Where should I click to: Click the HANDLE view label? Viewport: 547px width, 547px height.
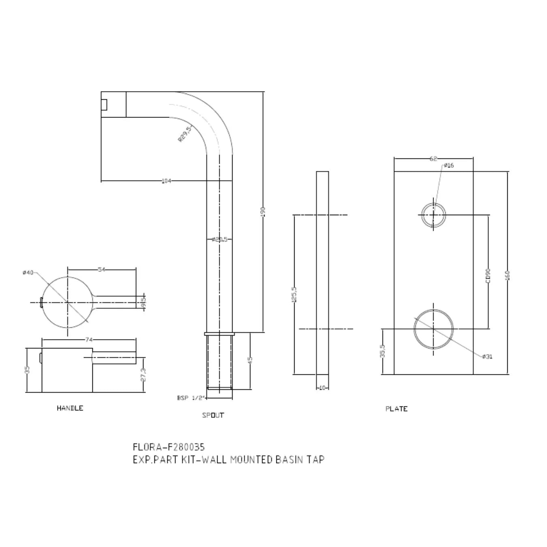(70, 408)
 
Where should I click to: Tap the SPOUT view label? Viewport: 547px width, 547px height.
(213, 415)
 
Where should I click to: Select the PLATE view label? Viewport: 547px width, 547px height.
(396, 409)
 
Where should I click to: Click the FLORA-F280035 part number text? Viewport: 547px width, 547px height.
(169, 447)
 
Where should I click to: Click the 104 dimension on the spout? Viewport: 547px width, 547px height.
(166, 181)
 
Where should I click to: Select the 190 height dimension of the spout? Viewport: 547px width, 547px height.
(263, 211)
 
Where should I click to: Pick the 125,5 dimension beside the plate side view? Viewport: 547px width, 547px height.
(294, 295)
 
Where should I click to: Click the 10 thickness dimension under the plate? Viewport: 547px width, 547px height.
(323, 388)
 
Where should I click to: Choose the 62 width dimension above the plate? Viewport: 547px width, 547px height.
(433, 159)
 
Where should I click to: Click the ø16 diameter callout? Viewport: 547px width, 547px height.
(449, 165)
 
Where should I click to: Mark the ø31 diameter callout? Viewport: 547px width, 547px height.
(487, 357)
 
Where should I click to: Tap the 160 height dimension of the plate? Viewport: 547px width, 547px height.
(507, 275)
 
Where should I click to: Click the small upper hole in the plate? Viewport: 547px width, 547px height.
(434, 215)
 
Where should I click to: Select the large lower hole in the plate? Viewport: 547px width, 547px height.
(434, 329)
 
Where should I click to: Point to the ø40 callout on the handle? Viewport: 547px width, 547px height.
(28, 273)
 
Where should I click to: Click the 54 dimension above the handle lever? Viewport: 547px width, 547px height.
(101, 269)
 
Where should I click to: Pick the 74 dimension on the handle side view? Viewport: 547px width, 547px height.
(89, 340)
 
